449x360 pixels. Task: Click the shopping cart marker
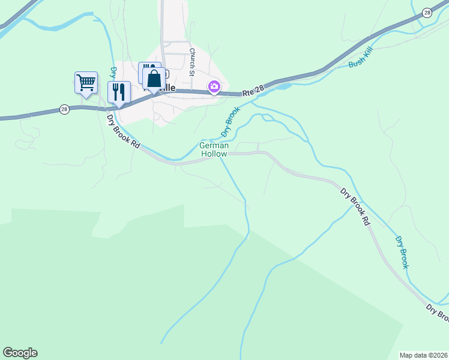[86, 82]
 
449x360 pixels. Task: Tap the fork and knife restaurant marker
[119, 92]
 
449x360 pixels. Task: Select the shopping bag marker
[154, 79]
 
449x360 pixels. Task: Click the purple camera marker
[214, 86]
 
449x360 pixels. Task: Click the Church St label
[192, 62]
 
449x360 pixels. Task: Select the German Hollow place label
[214, 150]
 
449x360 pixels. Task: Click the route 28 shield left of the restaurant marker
[64, 109]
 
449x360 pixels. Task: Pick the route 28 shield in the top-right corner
[427, 13]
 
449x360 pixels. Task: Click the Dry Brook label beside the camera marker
[229, 122]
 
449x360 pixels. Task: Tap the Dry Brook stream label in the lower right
[402, 251]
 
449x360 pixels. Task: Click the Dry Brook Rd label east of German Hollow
[355, 206]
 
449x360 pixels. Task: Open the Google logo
[20, 353]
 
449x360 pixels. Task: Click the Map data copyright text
[423, 355]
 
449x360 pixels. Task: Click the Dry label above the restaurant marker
[112, 73]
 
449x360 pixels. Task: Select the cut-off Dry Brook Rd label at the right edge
[438, 314]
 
